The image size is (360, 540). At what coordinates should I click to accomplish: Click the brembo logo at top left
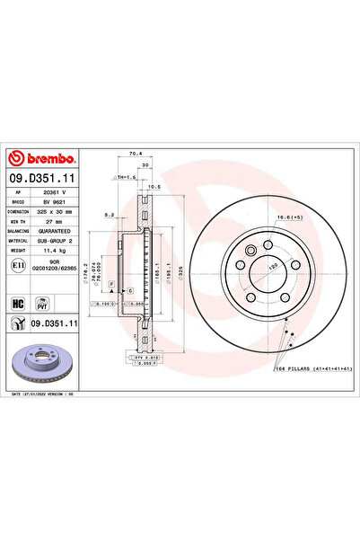click(x=43, y=160)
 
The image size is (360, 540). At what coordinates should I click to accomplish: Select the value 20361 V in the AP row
click(x=57, y=193)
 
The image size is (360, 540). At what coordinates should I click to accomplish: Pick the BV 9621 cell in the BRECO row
click(x=57, y=203)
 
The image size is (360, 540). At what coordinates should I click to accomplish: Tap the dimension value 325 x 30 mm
click(x=57, y=213)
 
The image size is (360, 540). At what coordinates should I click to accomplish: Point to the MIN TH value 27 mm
click(x=57, y=223)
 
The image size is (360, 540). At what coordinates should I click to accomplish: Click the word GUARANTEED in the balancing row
click(x=57, y=233)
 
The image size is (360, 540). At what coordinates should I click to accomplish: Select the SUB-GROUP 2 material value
click(x=57, y=243)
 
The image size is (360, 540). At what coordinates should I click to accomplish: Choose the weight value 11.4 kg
click(x=57, y=253)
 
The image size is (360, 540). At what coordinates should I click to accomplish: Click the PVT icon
click(x=40, y=303)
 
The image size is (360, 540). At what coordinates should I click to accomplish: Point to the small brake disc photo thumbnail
click(x=42, y=362)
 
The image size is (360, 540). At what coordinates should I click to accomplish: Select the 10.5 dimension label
click(x=154, y=188)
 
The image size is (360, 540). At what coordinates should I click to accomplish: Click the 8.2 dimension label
click(x=110, y=216)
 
